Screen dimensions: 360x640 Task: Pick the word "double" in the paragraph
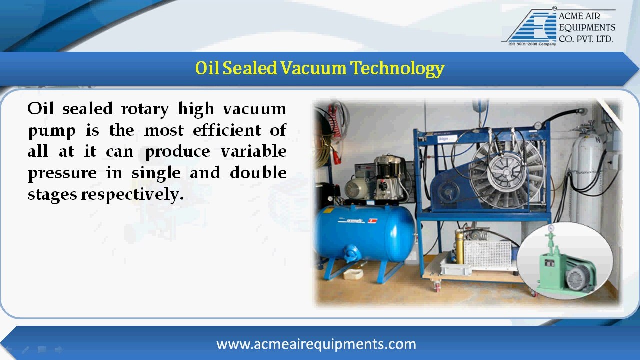(258, 173)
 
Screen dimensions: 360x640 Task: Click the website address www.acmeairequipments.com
(316, 344)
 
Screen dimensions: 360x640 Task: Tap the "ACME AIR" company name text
(579, 16)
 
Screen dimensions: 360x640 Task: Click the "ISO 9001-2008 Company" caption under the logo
(532, 44)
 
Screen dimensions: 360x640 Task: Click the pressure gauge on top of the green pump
(551, 228)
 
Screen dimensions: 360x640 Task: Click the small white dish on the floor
(353, 274)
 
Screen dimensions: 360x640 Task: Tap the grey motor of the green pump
(578, 277)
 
